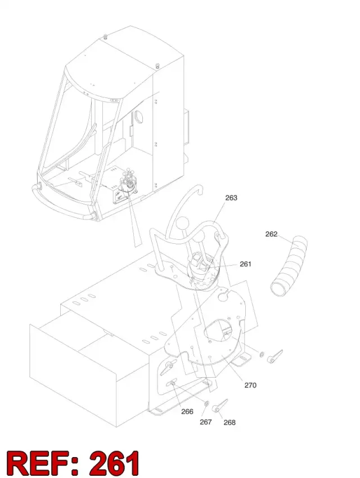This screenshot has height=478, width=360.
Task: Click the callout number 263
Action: click(x=231, y=198)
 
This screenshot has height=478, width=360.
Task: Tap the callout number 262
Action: click(x=271, y=234)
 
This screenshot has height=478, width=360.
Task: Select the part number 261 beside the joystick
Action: click(x=245, y=264)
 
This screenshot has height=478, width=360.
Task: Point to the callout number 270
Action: click(x=250, y=385)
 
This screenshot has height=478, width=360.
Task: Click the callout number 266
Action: click(x=187, y=412)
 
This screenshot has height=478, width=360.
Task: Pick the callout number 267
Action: click(x=205, y=422)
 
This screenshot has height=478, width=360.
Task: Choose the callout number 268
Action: click(x=229, y=422)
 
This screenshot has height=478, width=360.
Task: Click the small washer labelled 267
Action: click(x=206, y=404)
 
